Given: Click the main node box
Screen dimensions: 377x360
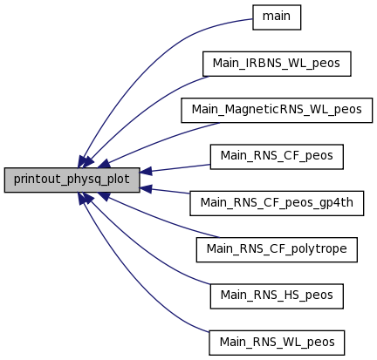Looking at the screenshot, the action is [x=277, y=17].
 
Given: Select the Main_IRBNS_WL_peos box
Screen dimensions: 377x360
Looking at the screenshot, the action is [x=277, y=64].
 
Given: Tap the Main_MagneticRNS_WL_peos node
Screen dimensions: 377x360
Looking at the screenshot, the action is [x=277, y=111].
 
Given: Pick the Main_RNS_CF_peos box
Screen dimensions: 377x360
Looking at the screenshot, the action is [x=277, y=157].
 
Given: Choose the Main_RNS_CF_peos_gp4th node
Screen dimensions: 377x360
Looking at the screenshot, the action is [x=277, y=203].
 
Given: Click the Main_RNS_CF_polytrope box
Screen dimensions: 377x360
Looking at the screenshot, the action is [x=277, y=249].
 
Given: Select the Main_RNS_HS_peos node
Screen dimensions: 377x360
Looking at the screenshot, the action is [x=277, y=296].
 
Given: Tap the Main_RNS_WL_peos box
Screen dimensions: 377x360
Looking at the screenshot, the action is [x=277, y=343].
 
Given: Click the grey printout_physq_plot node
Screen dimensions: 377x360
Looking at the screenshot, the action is [x=72, y=180].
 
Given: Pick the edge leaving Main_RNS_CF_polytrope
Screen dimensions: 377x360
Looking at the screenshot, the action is [x=159, y=219].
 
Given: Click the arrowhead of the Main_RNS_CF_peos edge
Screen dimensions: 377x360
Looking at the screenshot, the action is [x=146, y=172].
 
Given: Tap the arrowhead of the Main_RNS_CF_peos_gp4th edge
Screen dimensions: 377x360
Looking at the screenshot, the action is [x=146, y=189].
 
